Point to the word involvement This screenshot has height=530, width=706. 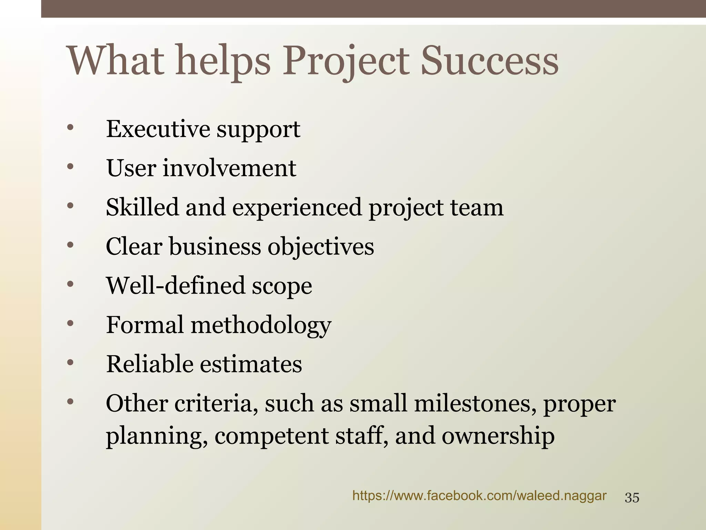[x=229, y=168]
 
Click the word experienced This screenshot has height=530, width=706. [x=297, y=208]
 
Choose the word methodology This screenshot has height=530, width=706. [x=261, y=325]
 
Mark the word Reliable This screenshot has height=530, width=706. [x=150, y=364]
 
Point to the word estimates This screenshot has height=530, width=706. [x=251, y=364]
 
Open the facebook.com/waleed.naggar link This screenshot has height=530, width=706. [x=479, y=496]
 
